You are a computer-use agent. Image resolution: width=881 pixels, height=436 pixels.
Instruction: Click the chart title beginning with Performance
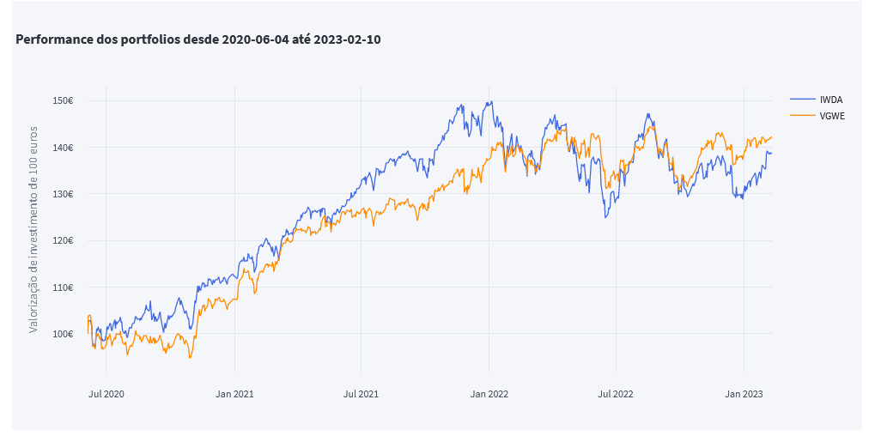click(197, 39)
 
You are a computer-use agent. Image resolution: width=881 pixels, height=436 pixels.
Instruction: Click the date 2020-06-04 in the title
click(255, 39)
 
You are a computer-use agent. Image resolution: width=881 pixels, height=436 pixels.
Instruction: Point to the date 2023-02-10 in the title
click(347, 39)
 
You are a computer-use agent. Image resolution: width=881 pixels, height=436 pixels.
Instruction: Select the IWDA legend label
click(831, 100)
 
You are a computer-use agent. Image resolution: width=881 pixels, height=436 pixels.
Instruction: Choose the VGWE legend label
click(832, 115)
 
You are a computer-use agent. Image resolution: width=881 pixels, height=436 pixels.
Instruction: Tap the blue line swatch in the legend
click(801, 100)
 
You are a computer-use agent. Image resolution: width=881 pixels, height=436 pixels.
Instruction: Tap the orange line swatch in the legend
click(801, 115)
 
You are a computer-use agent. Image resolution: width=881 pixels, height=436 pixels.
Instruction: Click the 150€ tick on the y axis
click(63, 100)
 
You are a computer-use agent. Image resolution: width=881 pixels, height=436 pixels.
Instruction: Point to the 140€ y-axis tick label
click(63, 148)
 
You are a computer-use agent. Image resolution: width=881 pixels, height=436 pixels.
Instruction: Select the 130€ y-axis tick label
click(63, 194)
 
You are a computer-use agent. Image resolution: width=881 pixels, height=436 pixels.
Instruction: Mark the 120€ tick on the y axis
click(63, 240)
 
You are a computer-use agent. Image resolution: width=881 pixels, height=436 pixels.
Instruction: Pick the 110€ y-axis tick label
click(63, 288)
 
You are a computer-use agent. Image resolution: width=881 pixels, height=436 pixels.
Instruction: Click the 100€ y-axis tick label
click(63, 334)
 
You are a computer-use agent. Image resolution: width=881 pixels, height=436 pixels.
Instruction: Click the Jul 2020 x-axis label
click(106, 394)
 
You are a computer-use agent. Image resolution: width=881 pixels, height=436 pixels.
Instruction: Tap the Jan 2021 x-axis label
click(234, 394)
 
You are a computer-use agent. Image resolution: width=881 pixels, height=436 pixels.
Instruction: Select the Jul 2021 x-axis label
click(361, 394)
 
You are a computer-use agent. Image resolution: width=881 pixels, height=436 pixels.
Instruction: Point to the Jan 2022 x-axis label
click(489, 394)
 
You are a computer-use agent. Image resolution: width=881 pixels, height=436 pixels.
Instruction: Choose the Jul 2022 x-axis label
click(616, 394)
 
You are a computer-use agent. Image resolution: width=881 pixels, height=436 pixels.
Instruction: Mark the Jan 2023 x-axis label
click(744, 394)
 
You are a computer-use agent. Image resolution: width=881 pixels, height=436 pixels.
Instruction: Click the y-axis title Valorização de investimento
click(34, 217)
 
